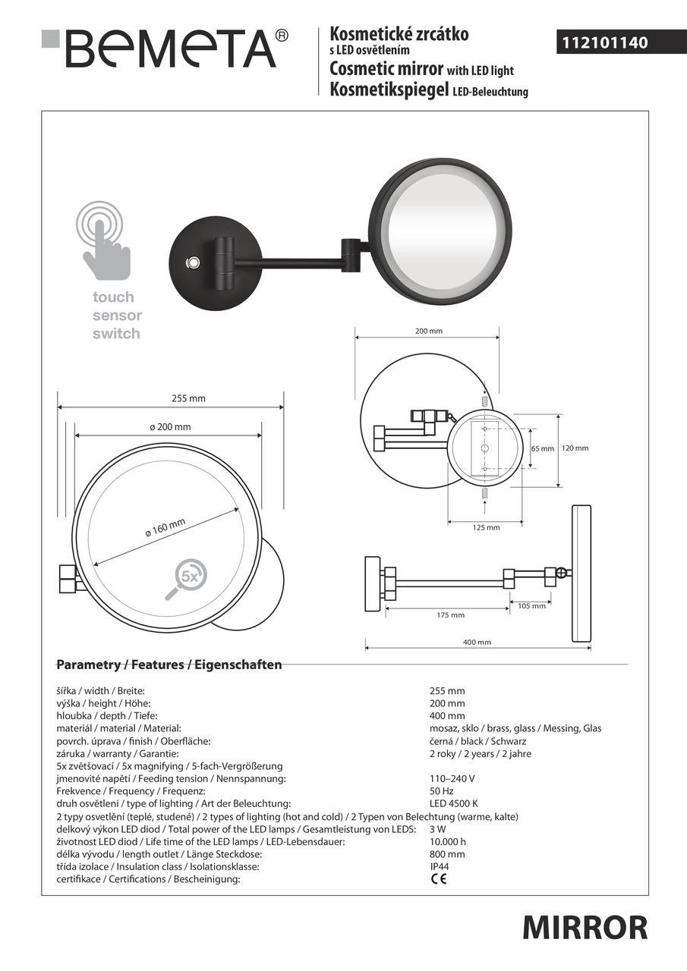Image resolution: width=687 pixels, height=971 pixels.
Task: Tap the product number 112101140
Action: [604, 43]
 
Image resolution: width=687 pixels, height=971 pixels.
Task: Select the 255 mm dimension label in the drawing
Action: [189, 398]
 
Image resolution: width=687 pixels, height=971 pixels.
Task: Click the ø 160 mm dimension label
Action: [165, 528]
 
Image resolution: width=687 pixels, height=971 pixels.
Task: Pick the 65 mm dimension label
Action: [543, 448]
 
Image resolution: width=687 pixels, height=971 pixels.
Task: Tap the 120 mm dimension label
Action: [575, 448]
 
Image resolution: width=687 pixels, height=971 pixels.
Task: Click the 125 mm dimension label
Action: [486, 527]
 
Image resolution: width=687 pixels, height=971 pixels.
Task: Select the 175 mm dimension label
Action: [451, 615]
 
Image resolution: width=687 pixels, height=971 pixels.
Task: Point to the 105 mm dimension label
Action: [531, 606]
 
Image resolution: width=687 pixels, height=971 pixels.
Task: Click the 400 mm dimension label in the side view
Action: [477, 643]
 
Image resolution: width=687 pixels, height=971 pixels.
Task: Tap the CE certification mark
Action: [439, 879]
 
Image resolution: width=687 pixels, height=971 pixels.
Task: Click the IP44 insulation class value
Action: [440, 866]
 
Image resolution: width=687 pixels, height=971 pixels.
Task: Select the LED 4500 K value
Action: [454, 803]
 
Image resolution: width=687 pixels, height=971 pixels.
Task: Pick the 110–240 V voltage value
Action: [452, 778]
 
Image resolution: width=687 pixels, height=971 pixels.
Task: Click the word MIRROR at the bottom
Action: [585, 927]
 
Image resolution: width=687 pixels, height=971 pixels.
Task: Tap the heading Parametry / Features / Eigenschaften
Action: [169, 665]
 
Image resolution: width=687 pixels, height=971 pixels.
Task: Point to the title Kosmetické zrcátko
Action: [399, 34]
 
